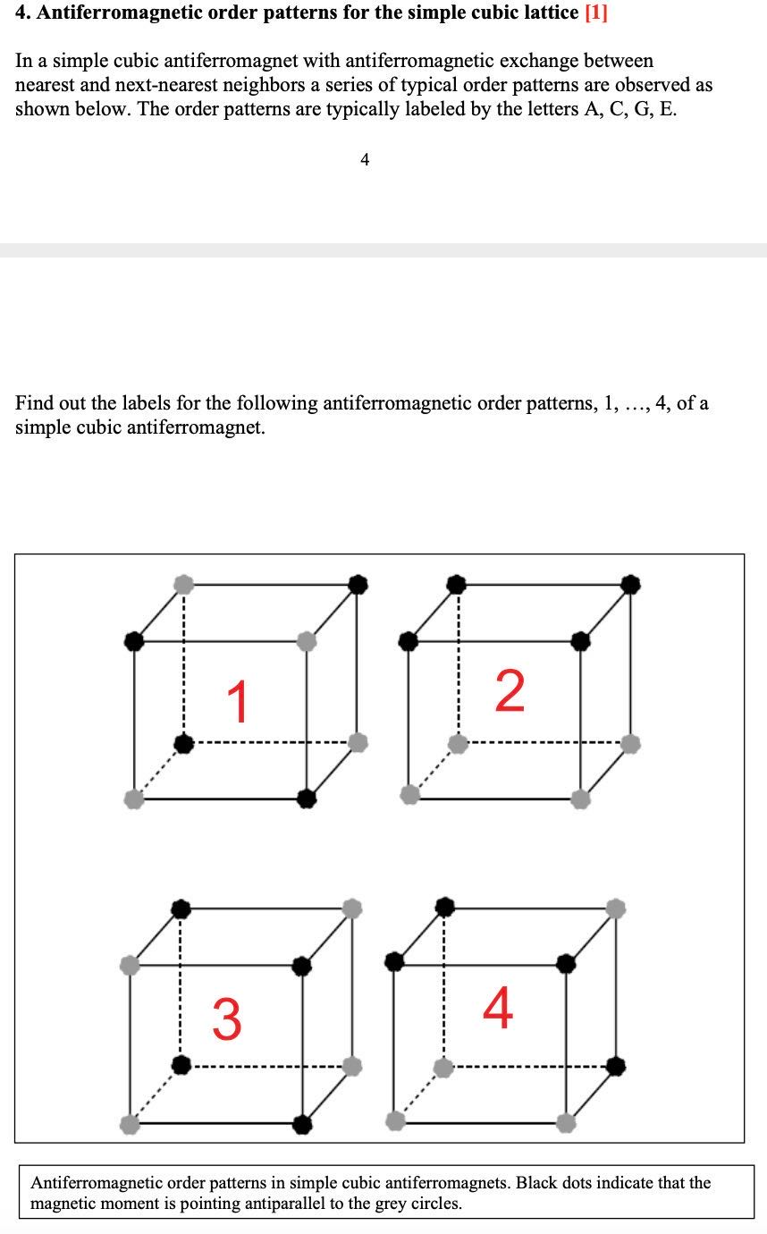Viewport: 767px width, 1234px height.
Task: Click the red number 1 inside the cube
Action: point(237,701)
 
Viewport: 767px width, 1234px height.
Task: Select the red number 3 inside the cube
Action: point(227,1020)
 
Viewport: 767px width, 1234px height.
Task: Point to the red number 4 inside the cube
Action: point(498,1008)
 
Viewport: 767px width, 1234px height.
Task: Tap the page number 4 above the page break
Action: point(364,160)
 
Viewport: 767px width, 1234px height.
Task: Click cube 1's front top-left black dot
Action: point(133,640)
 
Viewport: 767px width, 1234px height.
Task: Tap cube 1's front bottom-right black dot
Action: point(307,797)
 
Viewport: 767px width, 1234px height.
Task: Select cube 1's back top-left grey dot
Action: point(183,584)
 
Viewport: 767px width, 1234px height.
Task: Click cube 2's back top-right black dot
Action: point(631,584)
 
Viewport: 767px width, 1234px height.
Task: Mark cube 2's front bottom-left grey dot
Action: point(409,795)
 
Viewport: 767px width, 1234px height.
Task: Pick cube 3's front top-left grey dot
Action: point(130,965)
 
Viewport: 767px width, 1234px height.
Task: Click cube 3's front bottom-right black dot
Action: point(303,1122)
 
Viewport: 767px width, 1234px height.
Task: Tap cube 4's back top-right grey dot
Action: point(615,909)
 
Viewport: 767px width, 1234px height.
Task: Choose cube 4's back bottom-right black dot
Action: point(615,1066)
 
